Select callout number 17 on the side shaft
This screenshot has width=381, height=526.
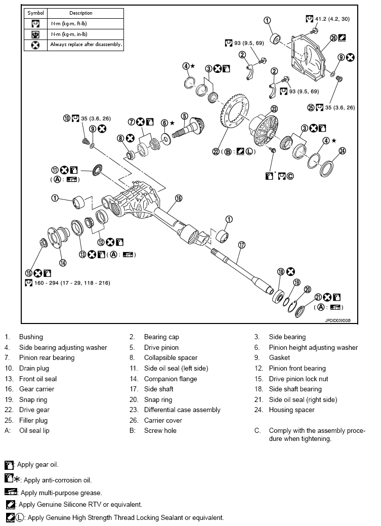(241, 245)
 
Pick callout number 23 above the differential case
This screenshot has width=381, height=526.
(274, 108)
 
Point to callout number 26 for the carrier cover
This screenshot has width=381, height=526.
(333, 37)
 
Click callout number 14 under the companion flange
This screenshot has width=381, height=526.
(63, 262)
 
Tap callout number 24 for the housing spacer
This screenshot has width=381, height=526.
(342, 150)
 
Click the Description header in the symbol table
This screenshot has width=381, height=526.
(81, 13)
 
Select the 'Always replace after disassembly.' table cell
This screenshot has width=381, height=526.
(86, 45)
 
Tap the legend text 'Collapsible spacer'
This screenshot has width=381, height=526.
(171, 358)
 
